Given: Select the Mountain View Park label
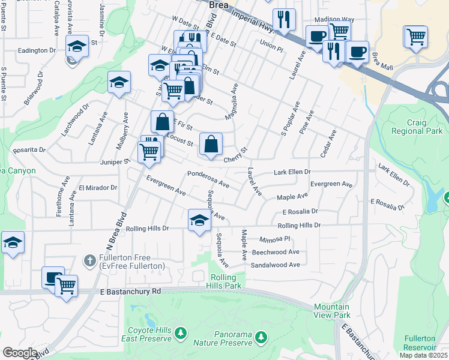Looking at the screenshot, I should (x=331, y=310).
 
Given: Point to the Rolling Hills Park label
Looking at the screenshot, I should (x=226, y=281).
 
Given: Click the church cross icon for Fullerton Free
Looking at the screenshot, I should (x=89, y=260).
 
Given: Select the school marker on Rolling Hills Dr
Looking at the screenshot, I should (x=200, y=221).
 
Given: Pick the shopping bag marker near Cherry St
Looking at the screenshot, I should (x=211, y=145).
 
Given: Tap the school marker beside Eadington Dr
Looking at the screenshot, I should (x=77, y=47).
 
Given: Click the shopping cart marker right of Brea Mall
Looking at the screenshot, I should (x=415, y=37).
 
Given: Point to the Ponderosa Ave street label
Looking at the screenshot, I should (x=208, y=179).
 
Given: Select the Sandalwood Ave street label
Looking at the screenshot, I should (x=275, y=265).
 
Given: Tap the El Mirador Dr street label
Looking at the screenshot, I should (x=97, y=188).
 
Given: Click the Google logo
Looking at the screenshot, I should (x=20, y=353).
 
